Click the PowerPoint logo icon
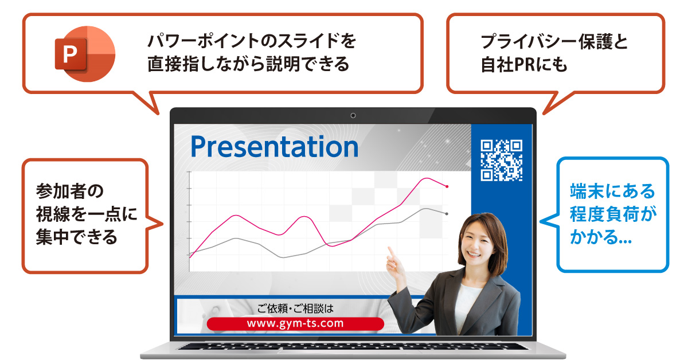[x=85, y=54]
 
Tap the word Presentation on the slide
[x=274, y=147]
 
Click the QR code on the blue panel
[x=501, y=161]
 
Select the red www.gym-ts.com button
[x=295, y=324]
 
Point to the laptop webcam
[x=353, y=115]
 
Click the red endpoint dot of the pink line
[x=447, y=186]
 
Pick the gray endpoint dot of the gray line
[x=447, y=214]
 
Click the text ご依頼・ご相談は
[x=295, y=308]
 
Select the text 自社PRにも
[x=523, y=65]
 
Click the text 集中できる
[x=76, y=237]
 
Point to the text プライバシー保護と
[x=554, y=42]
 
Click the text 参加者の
[x=70, y=191]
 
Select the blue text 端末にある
[x=613, y=191]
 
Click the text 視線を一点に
[x=87, y=214]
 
